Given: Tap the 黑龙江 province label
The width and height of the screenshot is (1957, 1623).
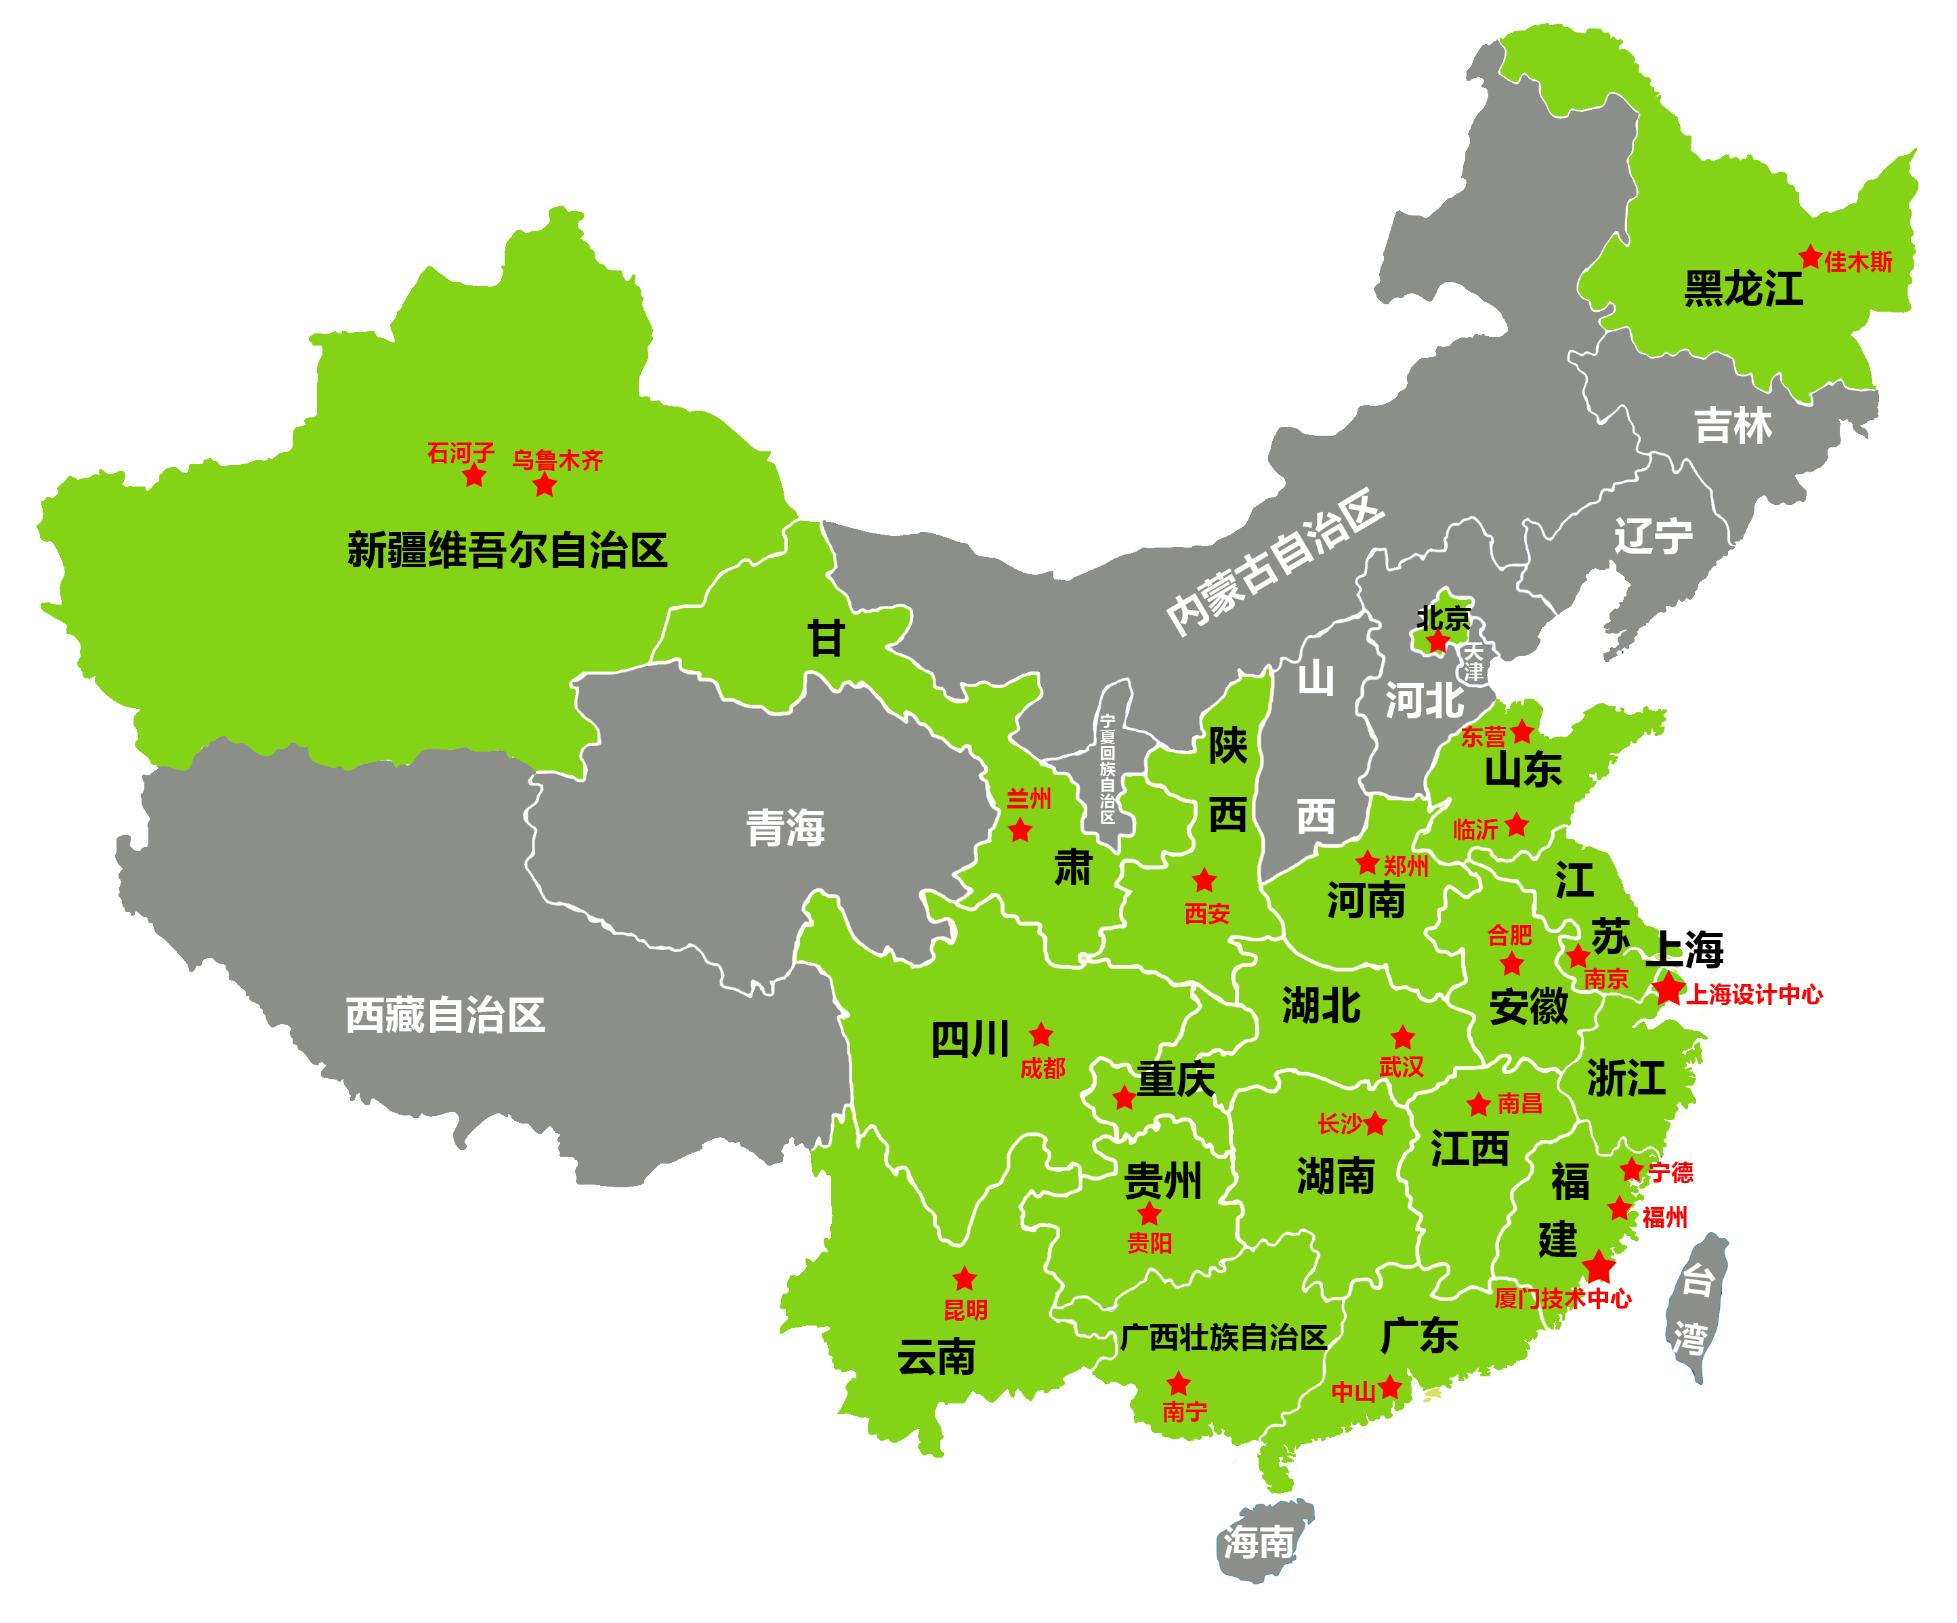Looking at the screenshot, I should tap(1743, 289).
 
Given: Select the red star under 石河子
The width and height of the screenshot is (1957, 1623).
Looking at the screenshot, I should tap(474, 476).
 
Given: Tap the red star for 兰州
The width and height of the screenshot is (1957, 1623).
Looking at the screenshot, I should tap(1020, 829).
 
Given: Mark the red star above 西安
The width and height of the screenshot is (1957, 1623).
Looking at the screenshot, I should tap(1204, 880).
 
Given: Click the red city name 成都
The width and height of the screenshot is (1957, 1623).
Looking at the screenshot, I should tap(1042, 1068).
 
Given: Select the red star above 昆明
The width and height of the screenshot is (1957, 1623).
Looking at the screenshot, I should tap(965, 1278).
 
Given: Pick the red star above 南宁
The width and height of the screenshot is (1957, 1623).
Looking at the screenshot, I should tap(1179, 1382).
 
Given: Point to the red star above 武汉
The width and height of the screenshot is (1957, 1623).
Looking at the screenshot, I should tap(1402, 1037).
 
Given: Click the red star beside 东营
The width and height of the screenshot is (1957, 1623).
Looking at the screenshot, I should tap(1522, 732).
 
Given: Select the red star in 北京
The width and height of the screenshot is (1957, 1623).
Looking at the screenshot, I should tap(1438, 641).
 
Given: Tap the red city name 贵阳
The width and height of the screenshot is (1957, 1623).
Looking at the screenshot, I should tap(1149, 1243).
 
